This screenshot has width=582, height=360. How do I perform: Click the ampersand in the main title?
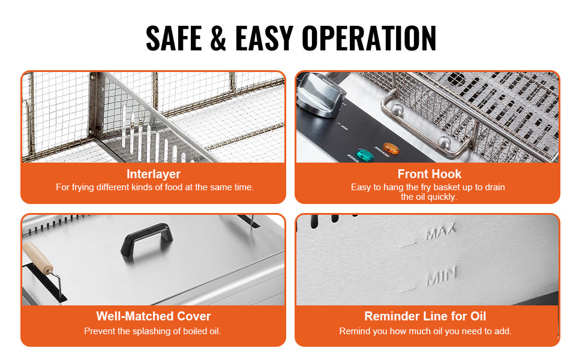(218, 38)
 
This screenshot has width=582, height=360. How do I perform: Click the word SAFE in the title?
(174, 38)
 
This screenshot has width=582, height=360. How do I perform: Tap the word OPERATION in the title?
(369, 38)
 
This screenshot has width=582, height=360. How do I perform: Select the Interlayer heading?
(153, 174)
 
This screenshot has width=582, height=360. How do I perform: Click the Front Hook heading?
(430, 174)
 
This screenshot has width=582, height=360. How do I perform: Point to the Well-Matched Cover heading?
(153, 316)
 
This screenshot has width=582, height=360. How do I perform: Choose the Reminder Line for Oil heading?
(425, 316)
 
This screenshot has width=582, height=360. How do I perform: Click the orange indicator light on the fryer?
(391, 148)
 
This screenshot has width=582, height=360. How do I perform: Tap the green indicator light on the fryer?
(364, 155)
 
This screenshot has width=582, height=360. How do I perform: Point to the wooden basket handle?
(38, 258)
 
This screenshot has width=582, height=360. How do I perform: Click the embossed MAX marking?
(440, 232)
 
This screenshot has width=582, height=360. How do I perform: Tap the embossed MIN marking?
(441, 277)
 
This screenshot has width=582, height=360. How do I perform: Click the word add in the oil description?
(504, 331)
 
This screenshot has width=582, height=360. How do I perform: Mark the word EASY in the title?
(264, 38)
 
